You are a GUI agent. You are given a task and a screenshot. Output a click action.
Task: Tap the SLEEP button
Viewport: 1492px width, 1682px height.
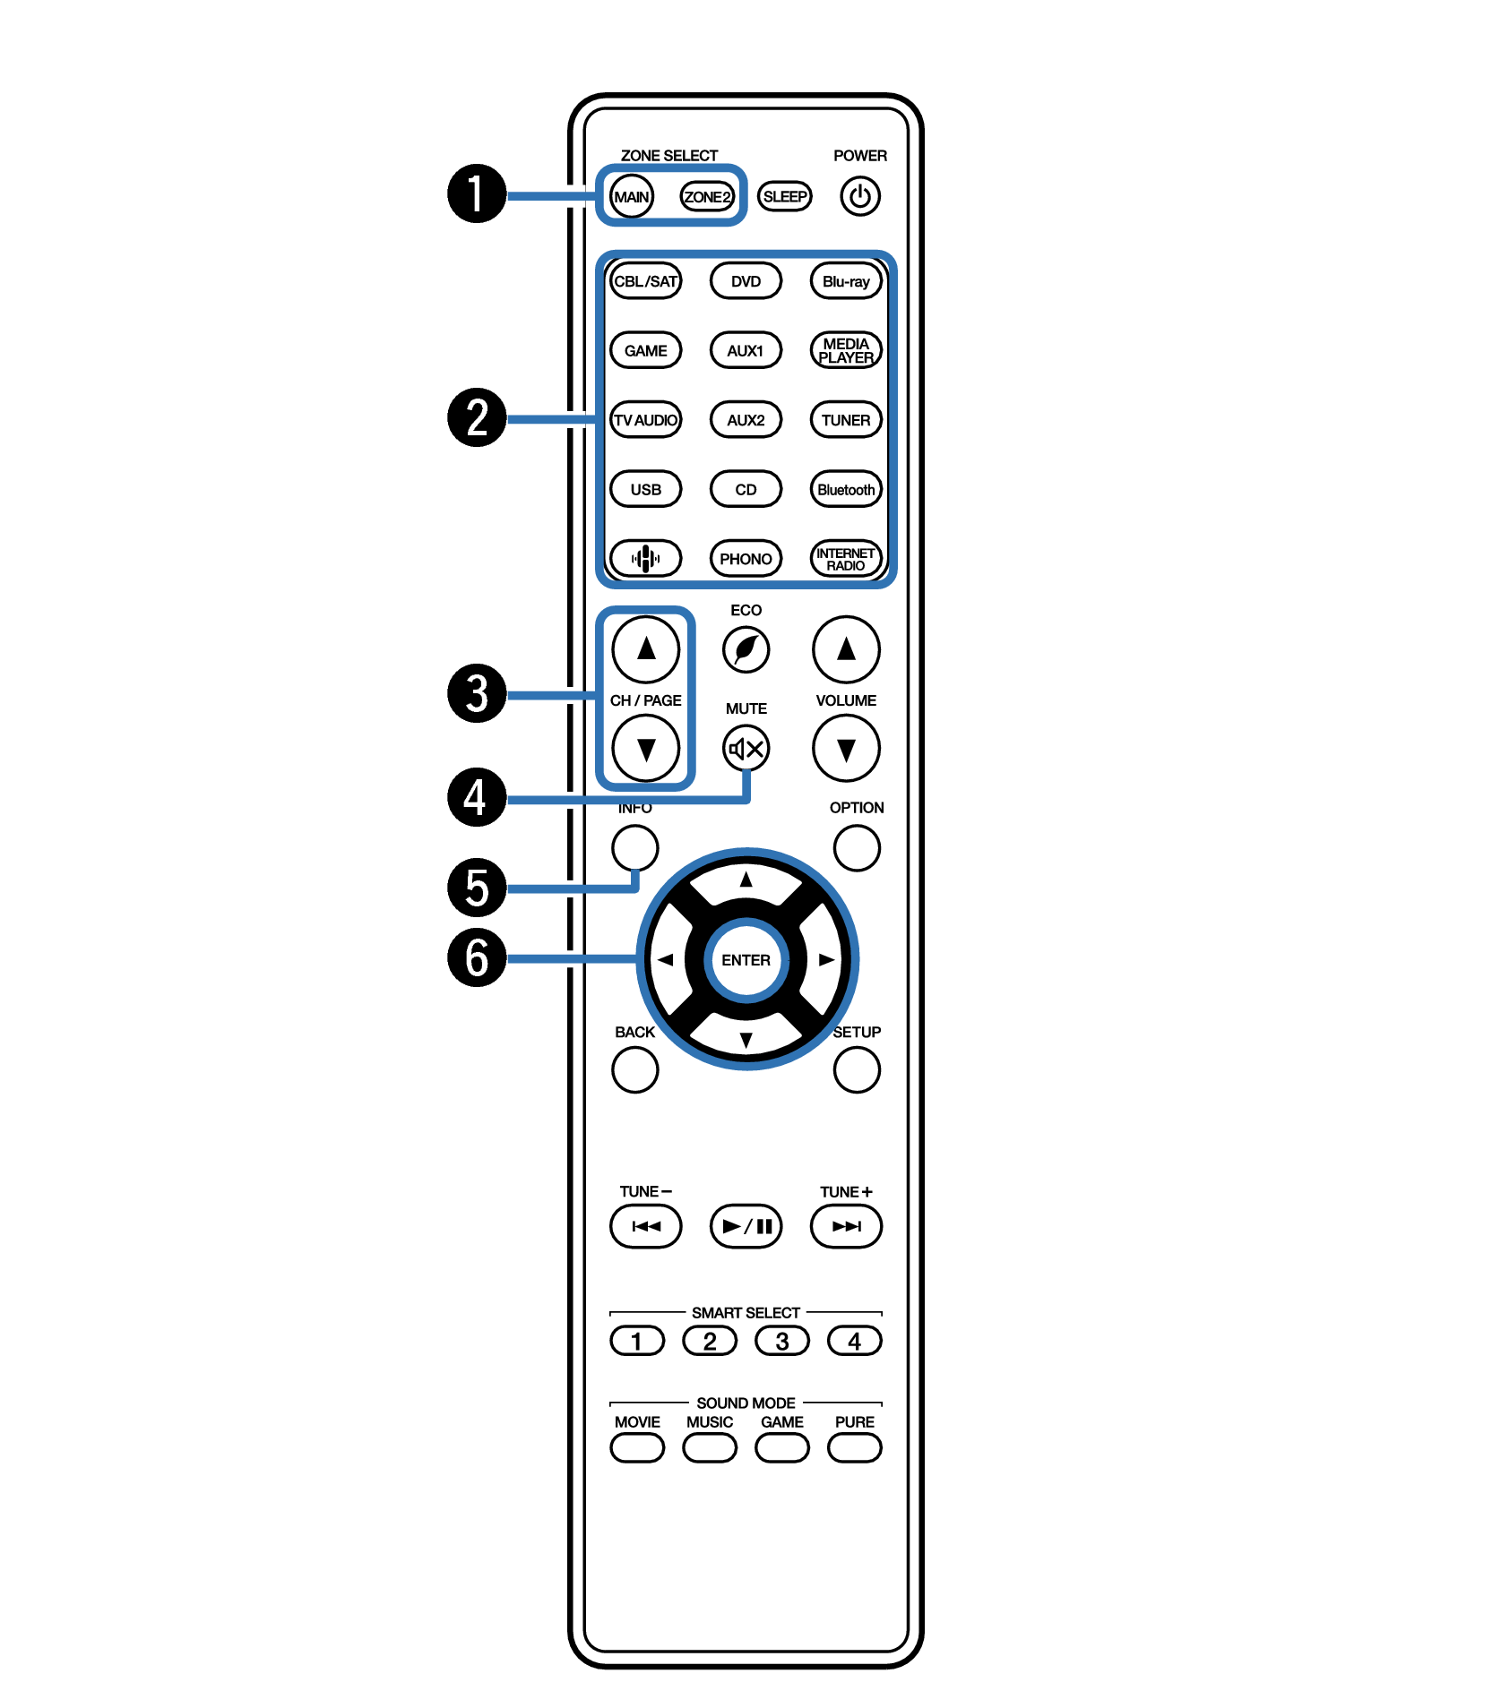tap(784, 196)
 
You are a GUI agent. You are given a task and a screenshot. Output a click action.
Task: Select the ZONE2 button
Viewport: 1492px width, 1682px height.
tap(707, 196)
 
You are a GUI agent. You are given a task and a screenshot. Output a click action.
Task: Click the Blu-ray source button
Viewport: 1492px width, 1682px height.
tap(845, 281)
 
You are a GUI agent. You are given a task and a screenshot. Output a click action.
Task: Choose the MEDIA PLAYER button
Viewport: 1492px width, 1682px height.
tap(845, 350)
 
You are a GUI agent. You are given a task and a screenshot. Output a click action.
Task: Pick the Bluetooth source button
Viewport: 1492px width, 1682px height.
tap(845, 490)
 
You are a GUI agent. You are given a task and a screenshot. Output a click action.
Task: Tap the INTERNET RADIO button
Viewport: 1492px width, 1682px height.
tap(845, 559)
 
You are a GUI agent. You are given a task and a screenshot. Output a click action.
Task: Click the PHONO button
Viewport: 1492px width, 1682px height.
tap(746, 559)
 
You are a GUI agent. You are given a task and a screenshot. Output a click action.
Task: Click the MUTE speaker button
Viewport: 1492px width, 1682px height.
tap(746, 748)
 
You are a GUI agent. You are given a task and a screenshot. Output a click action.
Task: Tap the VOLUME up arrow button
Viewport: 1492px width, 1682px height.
tap(845, 649)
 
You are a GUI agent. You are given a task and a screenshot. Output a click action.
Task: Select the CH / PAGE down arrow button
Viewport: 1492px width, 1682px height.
tap(645, 748)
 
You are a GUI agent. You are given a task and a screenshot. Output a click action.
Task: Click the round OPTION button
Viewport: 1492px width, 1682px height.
tap(856, 847)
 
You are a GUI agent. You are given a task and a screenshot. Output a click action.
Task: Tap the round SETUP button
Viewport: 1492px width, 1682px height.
tap(856, 1069)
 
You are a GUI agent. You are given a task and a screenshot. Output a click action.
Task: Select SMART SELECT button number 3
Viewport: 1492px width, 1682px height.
tap(781, 1341)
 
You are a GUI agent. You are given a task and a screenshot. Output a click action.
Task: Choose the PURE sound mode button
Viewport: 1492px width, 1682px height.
tap(854, 1447)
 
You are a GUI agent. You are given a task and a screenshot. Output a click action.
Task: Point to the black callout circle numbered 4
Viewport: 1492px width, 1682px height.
tap(477, 797)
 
